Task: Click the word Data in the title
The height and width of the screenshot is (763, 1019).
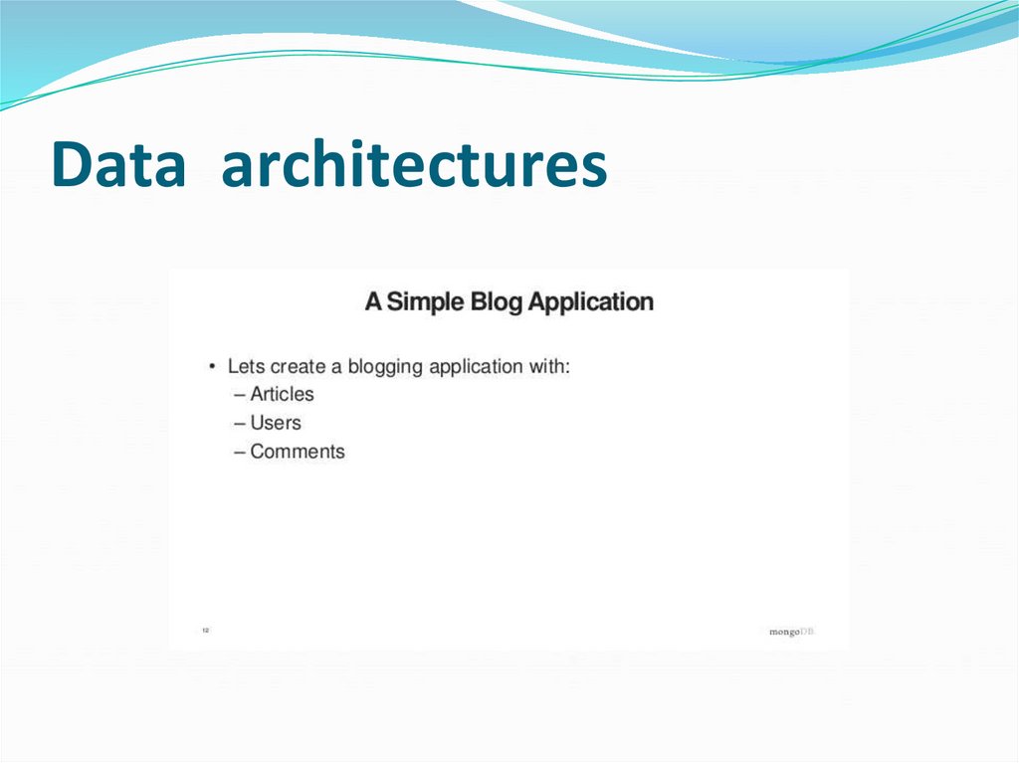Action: tap(117, 165)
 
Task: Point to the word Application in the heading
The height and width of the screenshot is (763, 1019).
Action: tap(591, 301)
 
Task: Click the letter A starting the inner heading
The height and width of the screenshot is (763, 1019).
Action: tap(373, 301)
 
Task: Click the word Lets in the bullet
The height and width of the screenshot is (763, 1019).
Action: tap(247, 366)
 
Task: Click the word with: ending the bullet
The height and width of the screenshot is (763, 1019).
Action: tap(550, 366)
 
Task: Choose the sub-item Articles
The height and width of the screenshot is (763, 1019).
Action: tap(282, 394)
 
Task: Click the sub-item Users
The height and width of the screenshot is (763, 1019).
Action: tap(275, 423)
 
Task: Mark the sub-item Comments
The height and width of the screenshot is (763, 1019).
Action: tap(297, 452)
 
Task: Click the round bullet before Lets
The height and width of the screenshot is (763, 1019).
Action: tap(212, 367)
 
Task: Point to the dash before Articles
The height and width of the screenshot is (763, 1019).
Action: tap(240, 395)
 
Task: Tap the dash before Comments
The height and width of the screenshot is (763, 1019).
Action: tap(240, 453)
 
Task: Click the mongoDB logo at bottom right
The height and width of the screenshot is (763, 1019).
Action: tap(791, 632)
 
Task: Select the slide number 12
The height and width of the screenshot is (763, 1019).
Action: tap(205, 630)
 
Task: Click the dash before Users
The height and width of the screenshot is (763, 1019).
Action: tap(240, 424)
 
